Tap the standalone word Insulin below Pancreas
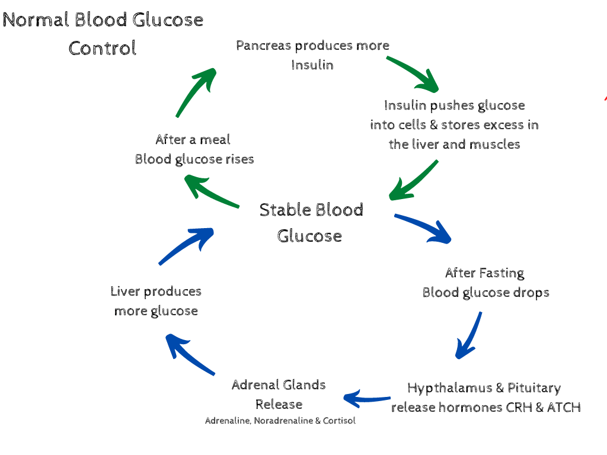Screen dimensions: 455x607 (x=312, y=65)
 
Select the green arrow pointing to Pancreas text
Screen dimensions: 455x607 (x=197, y=92)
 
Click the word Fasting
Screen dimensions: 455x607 (x=501, y=273)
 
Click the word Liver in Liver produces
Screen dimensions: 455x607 (x=125, y=291)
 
